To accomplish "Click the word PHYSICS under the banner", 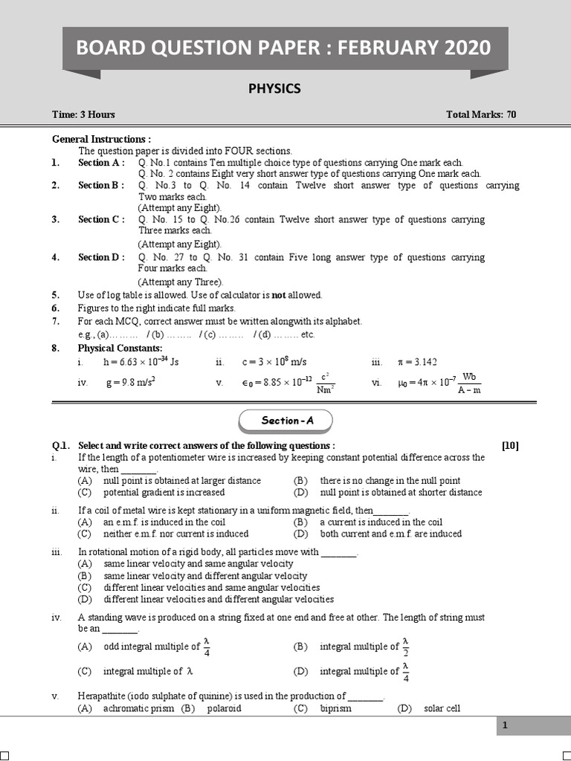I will point(274,88).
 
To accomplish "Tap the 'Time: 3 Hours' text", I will point(83,114).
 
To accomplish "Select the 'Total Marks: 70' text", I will point(481,114).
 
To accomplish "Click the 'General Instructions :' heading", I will point(101,139).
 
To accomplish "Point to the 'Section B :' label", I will point(102,186).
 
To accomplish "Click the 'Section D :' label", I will point(102,257).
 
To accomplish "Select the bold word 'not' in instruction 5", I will point(279,295).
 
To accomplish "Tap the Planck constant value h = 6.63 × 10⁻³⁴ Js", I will point(141,362).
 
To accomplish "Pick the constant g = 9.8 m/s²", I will point(129,383).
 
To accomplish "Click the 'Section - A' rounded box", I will point(286,421).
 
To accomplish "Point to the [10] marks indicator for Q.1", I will point(510,446).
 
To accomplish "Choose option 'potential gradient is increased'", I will point(164,492).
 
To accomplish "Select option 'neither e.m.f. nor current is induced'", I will point(175,534).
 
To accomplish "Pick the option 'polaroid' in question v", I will point(224,708).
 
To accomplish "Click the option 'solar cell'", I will point(442,708).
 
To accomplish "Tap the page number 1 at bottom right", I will point(504,726).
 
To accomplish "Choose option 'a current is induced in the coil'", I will point(381,522).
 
